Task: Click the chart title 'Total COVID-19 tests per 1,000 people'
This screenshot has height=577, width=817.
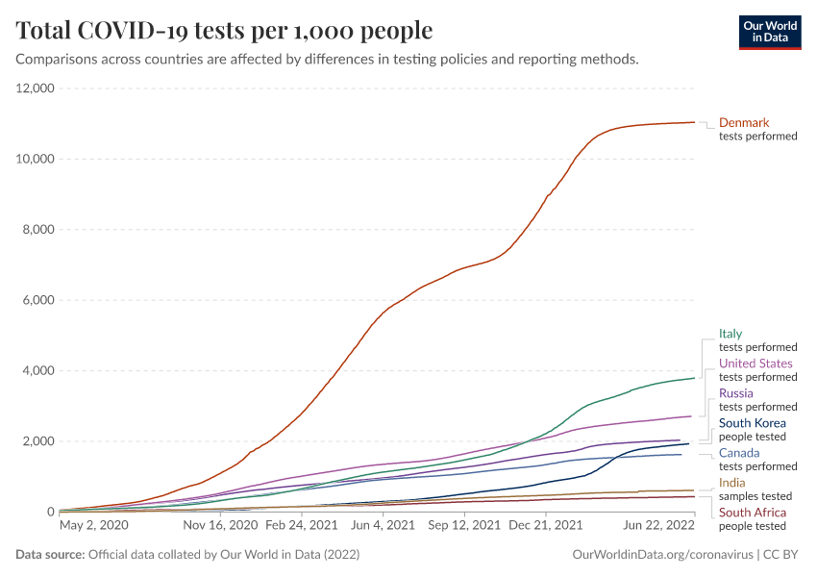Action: tap(224, 31)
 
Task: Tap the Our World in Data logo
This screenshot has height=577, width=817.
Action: tap(769, 31)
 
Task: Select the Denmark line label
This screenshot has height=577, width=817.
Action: tap(744, 123)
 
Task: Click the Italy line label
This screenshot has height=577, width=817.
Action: tap(730, 334)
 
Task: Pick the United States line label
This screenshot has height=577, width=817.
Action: tap(755, 364)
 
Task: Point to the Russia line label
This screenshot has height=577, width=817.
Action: tap(736, 393)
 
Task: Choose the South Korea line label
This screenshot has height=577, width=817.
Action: tap(753, 423)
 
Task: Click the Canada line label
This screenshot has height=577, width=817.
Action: tap(739, 453)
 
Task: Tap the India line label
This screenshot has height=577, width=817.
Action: tap(732, 483)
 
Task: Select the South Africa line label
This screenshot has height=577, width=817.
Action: tap(753, 513)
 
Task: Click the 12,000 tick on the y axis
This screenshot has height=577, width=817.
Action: tap(36, 88)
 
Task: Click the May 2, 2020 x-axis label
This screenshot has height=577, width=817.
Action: tap(93, 526)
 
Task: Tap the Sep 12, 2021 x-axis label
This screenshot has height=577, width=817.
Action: tap(464, 526)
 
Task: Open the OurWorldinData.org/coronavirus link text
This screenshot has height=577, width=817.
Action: tap(661, 555)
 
